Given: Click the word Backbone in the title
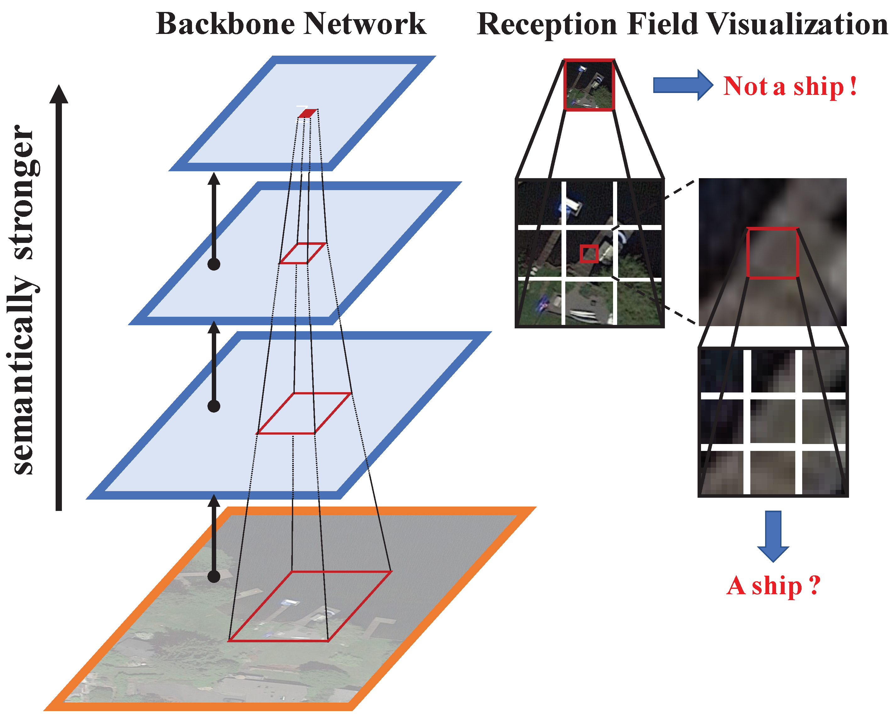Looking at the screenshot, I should (x=226, y=24).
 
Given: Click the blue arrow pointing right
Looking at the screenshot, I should (x=682, y=85).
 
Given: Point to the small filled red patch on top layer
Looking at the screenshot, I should (x=308, y=113).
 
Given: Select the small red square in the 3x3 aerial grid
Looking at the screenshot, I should (x=589, y=254).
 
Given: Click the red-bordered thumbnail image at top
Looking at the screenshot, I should (x=589, y=85).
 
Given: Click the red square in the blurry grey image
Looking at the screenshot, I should (x=772, y=253).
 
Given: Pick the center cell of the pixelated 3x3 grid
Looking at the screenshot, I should (x=772, y=421).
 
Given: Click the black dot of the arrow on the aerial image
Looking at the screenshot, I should (x=214, y=576).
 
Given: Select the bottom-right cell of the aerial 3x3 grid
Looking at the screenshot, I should (x=638, y=303).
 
